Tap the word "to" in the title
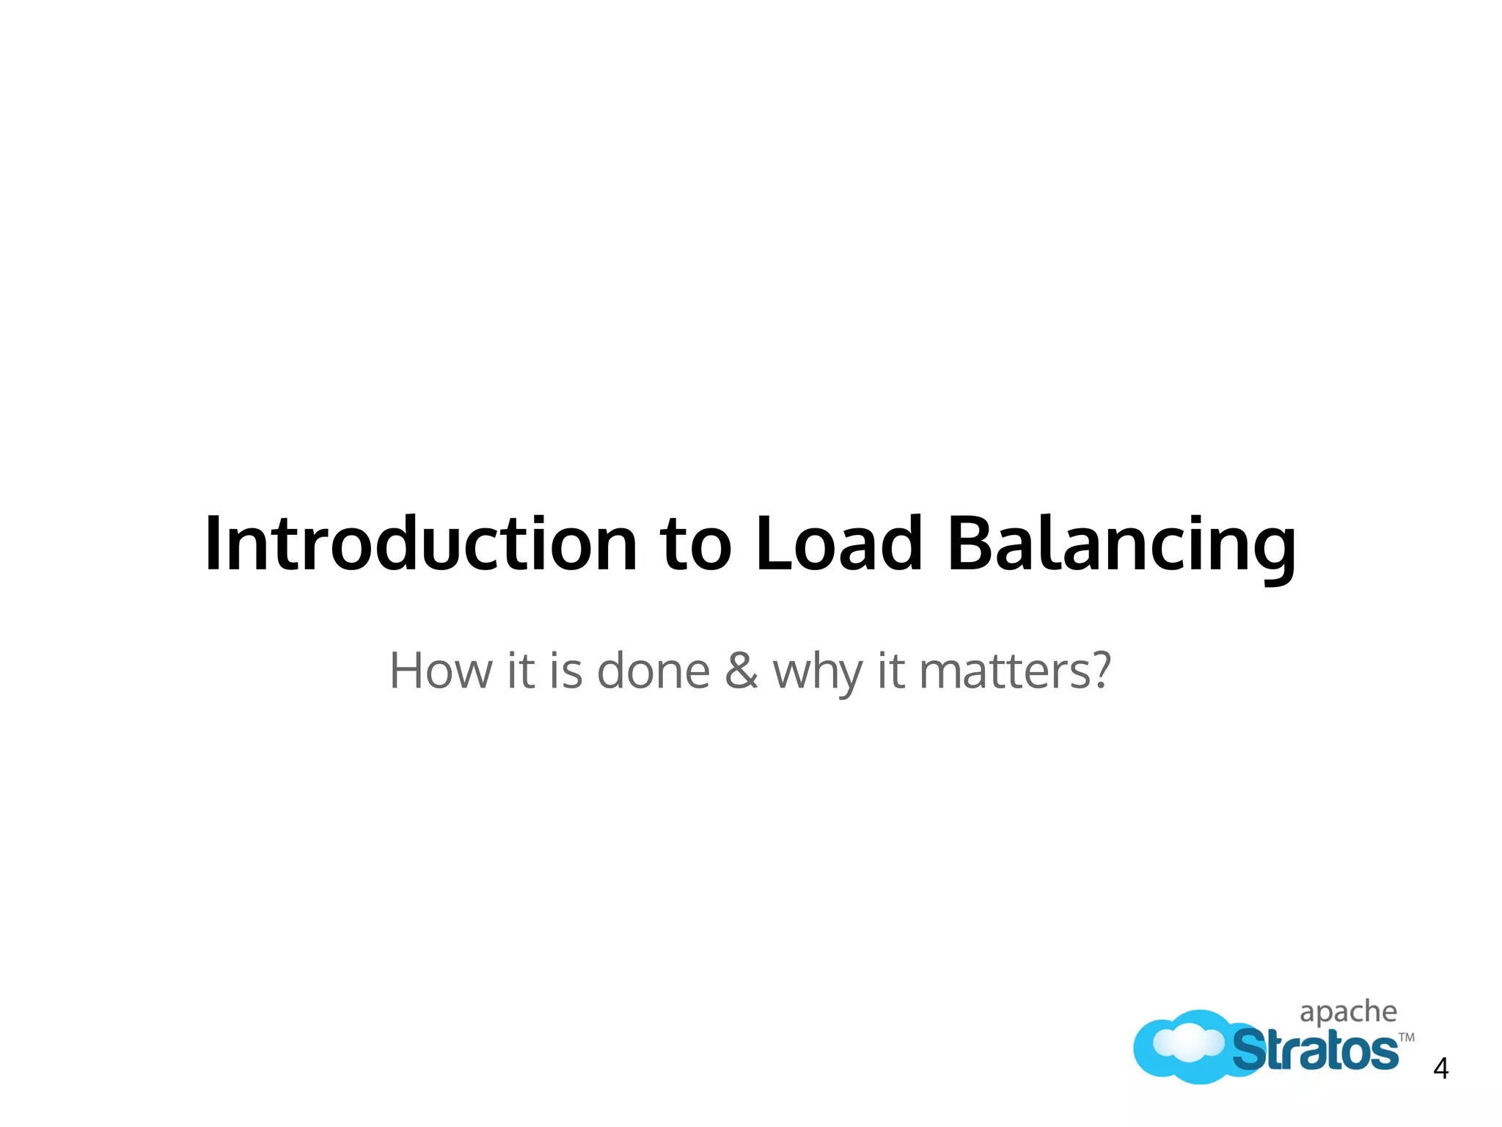(x=696, y=544)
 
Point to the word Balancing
(x=1121, y=544)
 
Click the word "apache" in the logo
(x=1348, y=1013)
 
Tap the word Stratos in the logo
(x=1315, y=1051)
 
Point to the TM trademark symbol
(x=1406, y=1037)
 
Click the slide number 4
(x=1440, y=1069)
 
